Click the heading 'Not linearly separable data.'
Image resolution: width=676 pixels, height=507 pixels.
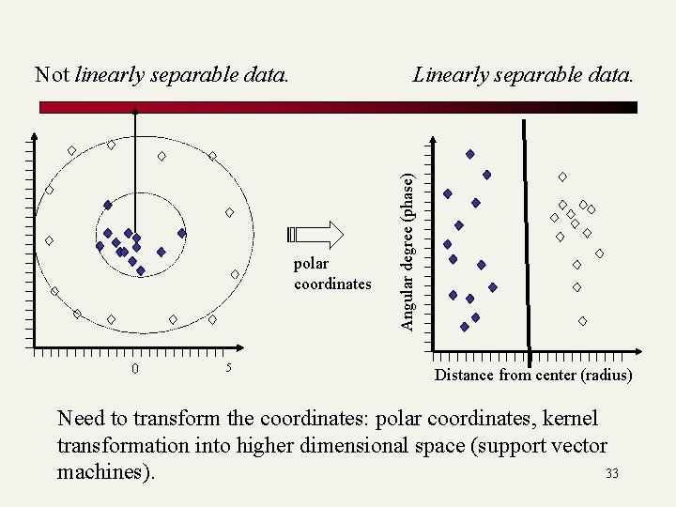161,74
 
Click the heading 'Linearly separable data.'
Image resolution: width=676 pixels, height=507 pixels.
523,74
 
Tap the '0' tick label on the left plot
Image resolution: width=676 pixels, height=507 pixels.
135,368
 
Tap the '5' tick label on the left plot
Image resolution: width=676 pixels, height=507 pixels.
228,367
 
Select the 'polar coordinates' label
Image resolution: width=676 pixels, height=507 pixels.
331,274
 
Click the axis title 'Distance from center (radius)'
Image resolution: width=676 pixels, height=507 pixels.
532,376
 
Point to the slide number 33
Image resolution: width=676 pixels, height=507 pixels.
612,473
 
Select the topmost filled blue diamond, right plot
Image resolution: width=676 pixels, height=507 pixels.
469,154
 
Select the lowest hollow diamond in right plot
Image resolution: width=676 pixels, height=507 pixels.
582,321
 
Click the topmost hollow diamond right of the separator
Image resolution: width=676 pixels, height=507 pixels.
562,177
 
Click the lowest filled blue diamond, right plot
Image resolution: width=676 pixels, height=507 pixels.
465,327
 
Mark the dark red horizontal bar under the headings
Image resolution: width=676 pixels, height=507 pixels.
338,107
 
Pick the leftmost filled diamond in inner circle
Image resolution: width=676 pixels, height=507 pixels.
100,246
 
